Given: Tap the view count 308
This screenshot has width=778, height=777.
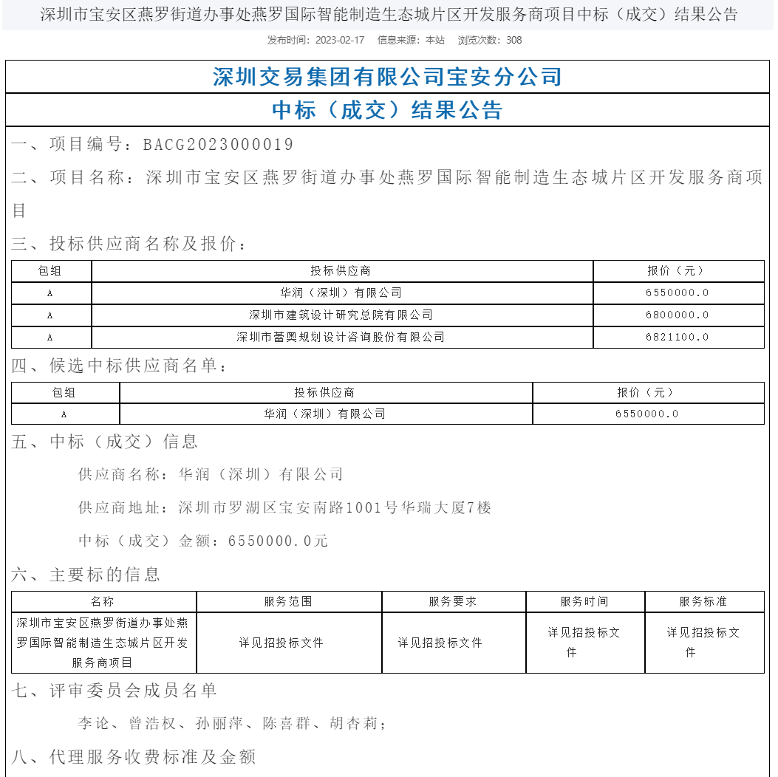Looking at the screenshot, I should [513, 40].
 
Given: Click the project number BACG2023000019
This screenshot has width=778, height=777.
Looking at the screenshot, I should [218, 144].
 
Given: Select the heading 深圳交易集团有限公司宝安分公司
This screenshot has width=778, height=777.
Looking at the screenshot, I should [388, 77].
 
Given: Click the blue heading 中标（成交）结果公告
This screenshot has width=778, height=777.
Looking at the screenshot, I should [388, 111].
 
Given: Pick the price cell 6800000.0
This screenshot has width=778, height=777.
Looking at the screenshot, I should [678, 315].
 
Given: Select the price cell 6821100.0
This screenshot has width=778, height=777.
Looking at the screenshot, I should [678, 337].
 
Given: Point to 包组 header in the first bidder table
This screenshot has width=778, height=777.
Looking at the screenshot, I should [50, 271].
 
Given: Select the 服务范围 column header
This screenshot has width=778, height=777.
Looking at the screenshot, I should [288, 601].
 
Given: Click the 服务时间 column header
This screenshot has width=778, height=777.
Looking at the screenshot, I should [584, 601].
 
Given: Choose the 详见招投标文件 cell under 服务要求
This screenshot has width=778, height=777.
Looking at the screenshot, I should [440, 643].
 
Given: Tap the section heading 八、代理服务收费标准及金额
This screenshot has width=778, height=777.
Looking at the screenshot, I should [134, 757].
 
